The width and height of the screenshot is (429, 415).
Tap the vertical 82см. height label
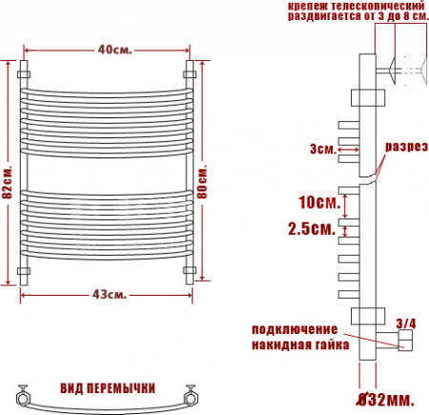[9, 179]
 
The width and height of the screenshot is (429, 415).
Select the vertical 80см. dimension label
[203, 178]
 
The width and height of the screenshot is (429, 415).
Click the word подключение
[295, 330]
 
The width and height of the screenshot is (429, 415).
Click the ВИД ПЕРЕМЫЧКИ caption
[107, 387]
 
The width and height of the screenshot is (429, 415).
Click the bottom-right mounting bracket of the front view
[189, 273]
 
